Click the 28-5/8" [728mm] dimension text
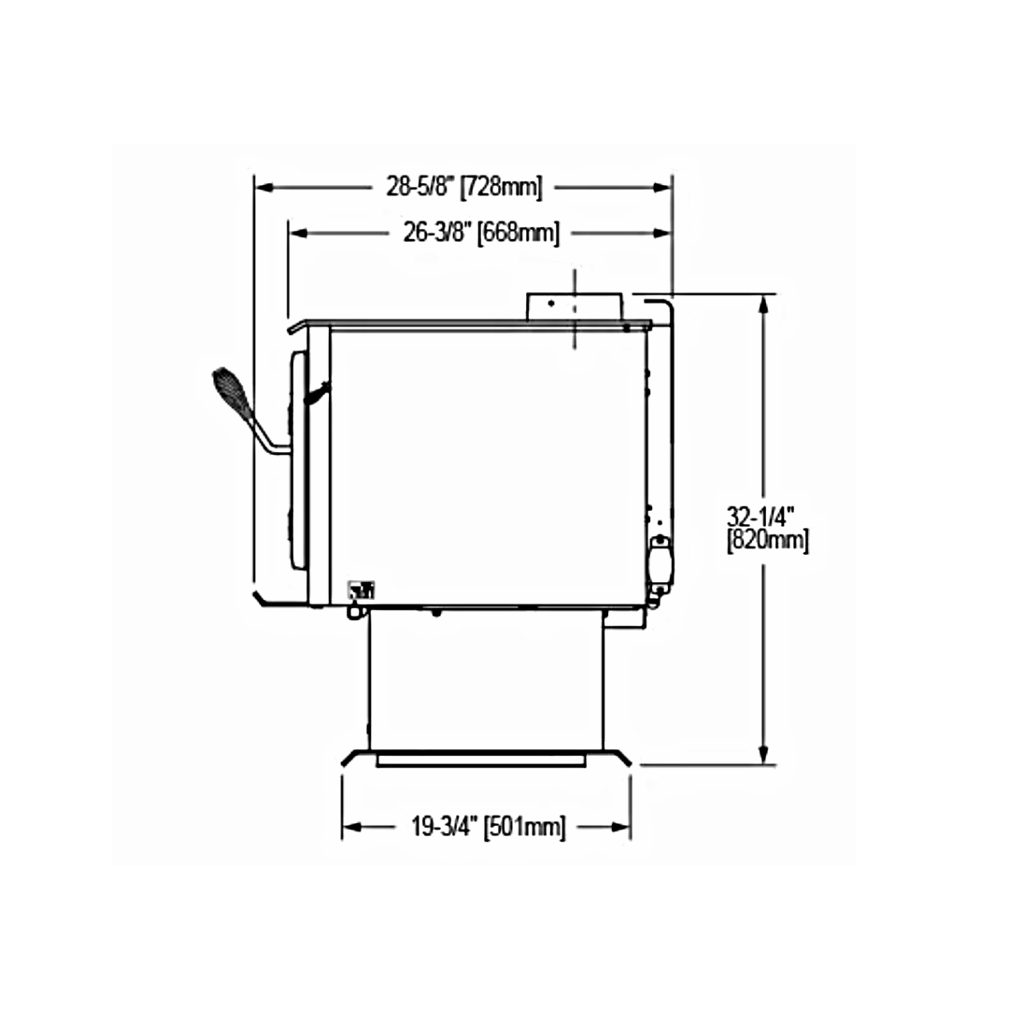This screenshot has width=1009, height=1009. pos(464,187)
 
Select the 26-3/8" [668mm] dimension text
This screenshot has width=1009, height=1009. pos(481,233)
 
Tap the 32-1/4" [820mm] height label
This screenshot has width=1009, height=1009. pos(767,529)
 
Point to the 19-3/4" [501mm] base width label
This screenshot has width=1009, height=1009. pos(489,827)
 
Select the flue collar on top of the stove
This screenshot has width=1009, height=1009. pos(575,306)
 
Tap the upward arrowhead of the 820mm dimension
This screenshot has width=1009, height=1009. pos(764,304)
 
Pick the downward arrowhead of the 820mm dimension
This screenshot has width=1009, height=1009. pos(764,756)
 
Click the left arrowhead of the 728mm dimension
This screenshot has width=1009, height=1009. pos(265,187)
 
